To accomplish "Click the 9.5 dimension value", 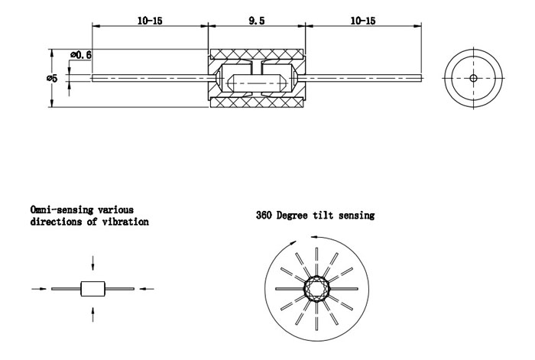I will [x=257, y=21].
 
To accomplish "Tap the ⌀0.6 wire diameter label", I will [x=81, y=55].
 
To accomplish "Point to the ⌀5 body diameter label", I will [x=50, y=78].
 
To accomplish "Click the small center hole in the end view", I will [x=473, y=78].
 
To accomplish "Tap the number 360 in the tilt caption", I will [x=264, y=216].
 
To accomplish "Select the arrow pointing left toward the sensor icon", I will [x=148, y=289].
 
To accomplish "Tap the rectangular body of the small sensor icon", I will [x=92, y=288].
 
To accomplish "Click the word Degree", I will [x=294, y=216].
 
